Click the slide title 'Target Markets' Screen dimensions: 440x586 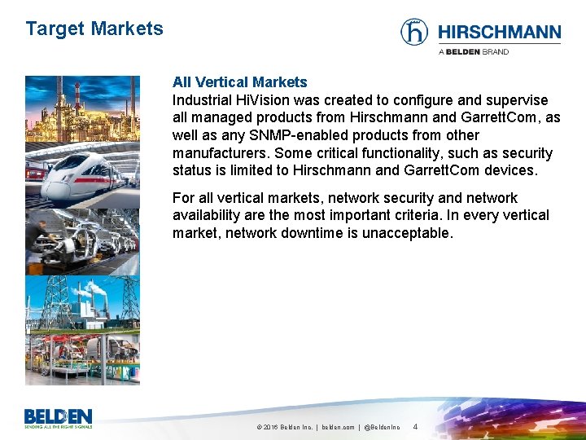[x=94, y=29]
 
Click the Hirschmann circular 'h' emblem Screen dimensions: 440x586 [x=414, y=33]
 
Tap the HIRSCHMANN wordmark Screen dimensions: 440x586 [x=499, y=33]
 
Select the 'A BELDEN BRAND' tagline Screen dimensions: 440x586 [x=474, y=52]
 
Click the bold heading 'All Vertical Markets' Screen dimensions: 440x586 [x=239, y=82]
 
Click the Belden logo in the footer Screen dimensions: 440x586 [x=58, y=418]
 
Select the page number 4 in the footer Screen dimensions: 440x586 [x=416, y=426]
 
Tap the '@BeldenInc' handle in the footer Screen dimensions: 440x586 [x=382, y=427]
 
